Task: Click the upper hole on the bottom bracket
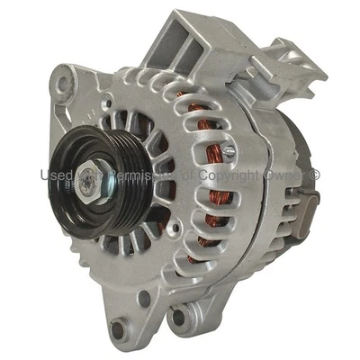pos(144,297)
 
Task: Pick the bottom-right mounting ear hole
pos(181,316)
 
